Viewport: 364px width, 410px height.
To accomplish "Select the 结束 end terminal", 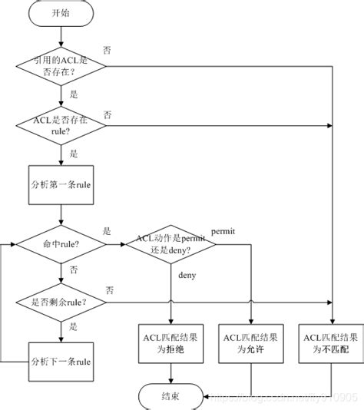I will [x=170, y=395].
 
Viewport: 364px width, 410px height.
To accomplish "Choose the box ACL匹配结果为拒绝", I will [x=170, y=343].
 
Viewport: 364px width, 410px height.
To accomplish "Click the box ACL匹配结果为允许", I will [x=250, y=343].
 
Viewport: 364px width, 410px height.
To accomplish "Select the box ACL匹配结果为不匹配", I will [x=331, y=343].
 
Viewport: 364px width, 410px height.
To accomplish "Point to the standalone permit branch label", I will [x=223, y=230].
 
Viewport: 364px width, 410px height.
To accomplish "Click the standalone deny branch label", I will [x=187, y=274].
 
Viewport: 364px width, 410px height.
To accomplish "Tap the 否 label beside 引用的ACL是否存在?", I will [x=107, y=51].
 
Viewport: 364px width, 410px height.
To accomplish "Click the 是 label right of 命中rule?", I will [x=107, y=230].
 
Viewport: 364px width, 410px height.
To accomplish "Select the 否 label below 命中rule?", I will [x=74, y=269].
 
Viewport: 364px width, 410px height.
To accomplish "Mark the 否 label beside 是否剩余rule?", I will [x=110, y=289].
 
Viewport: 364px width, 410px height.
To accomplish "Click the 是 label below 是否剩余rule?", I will [x=74, y=326].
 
